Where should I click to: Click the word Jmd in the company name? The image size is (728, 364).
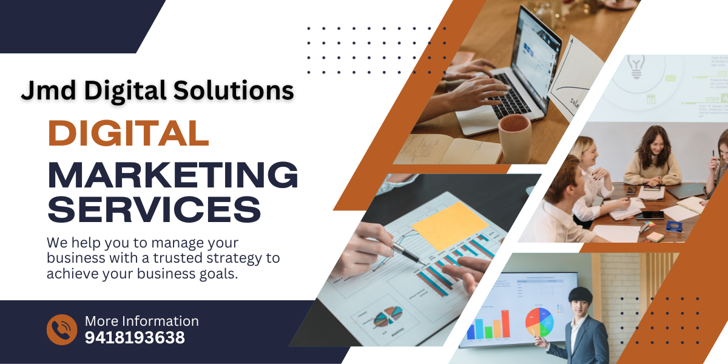point(49,90)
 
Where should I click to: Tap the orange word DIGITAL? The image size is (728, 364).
point(129,133)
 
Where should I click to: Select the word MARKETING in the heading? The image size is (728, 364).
point(172,175)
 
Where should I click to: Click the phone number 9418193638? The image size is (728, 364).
point(135,338)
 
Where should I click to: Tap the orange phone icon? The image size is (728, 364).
point(62,329)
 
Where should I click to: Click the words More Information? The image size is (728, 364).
point(142,321)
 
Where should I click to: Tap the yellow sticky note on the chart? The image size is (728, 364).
point(450,225)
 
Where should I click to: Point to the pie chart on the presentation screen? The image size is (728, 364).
point(539,322)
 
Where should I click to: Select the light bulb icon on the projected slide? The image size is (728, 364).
point(636,67)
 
